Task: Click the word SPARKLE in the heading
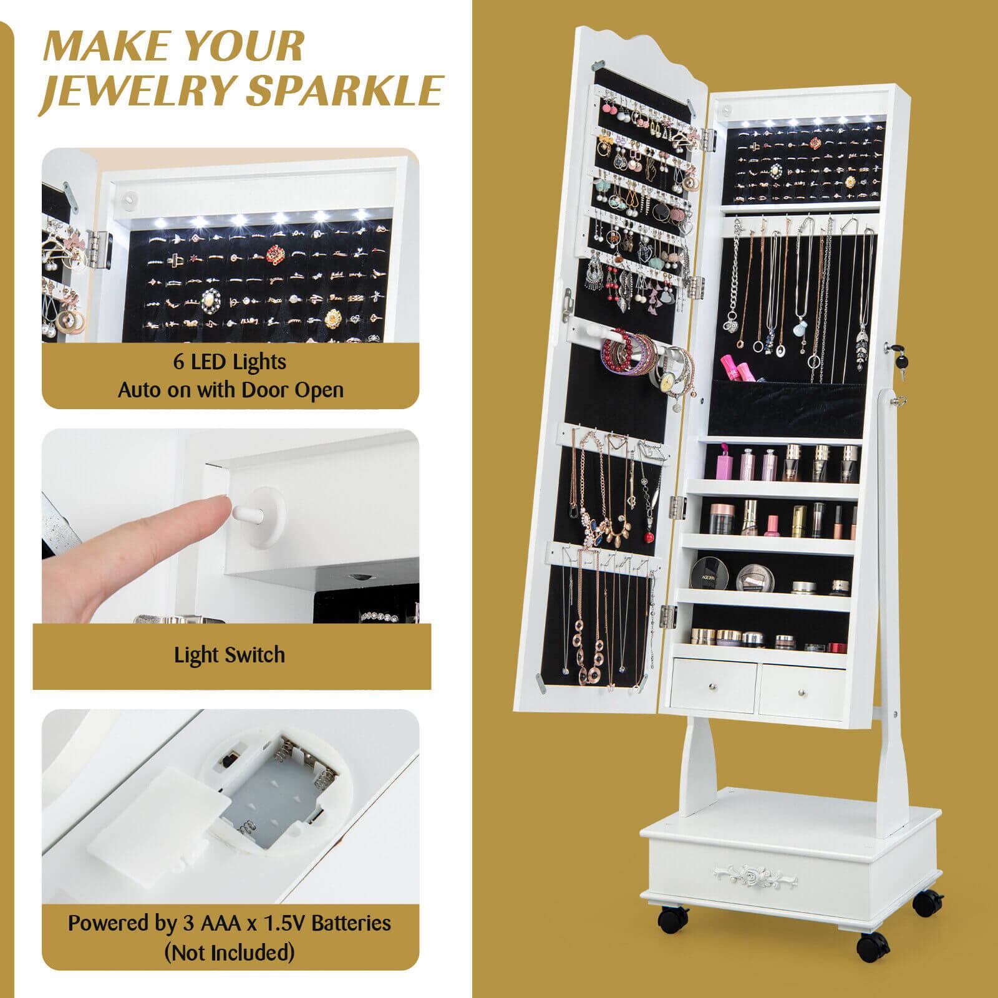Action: coord(344,92)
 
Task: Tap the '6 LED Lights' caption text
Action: coord(230,362)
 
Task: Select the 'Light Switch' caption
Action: coord(230,655)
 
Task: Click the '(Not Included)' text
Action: coord(230,952)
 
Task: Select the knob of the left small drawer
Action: coord(712,686)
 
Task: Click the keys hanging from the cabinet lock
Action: coord(900,368)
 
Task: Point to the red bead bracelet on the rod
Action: coord(614,353)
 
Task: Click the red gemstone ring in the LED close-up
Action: coord(275,254)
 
